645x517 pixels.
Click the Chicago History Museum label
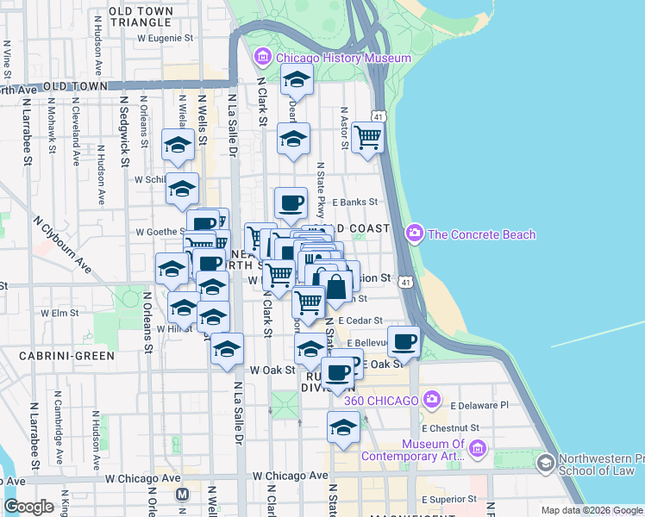[344, 58]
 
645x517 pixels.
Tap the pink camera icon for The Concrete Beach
[415, 234]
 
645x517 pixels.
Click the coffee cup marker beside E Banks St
[291, 204]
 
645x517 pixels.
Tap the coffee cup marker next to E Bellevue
[404, 342]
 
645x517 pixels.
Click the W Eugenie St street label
[165, 39]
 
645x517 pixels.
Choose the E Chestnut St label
[450, 427]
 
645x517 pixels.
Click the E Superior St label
[449, 500]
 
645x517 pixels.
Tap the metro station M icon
[182, 494]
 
